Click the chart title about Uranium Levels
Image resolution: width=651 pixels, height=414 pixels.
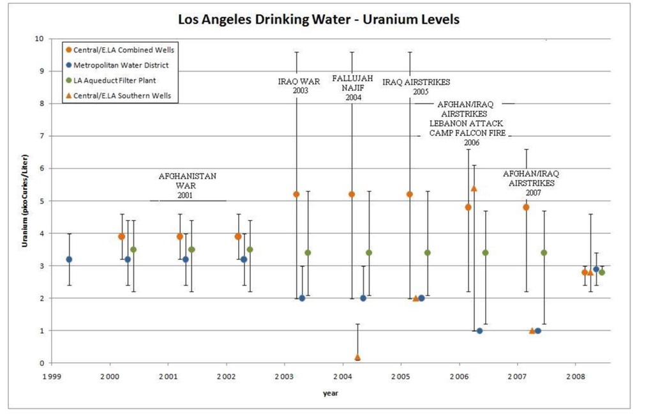point(318,19)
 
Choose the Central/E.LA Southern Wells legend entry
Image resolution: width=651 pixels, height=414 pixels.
point(121,96)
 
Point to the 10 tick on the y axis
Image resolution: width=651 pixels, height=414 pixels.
point(39,39)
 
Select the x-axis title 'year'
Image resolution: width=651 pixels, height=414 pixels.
point(330,394)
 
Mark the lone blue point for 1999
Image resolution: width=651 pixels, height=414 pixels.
point(69,259)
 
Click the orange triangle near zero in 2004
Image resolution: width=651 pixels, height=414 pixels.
point(357,357)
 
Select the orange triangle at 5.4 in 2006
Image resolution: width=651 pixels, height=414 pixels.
point(474,188)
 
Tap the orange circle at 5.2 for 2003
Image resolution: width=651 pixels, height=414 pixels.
point(296,194)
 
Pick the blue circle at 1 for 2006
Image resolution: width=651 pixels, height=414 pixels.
point(479,331)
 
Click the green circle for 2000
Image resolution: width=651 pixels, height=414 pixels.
point(133,250)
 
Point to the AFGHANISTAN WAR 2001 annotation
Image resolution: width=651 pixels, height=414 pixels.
point(188,185)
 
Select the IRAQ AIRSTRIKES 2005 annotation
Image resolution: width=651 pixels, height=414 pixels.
point(416,87)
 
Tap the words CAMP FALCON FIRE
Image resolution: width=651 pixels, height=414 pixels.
point(467,133)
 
